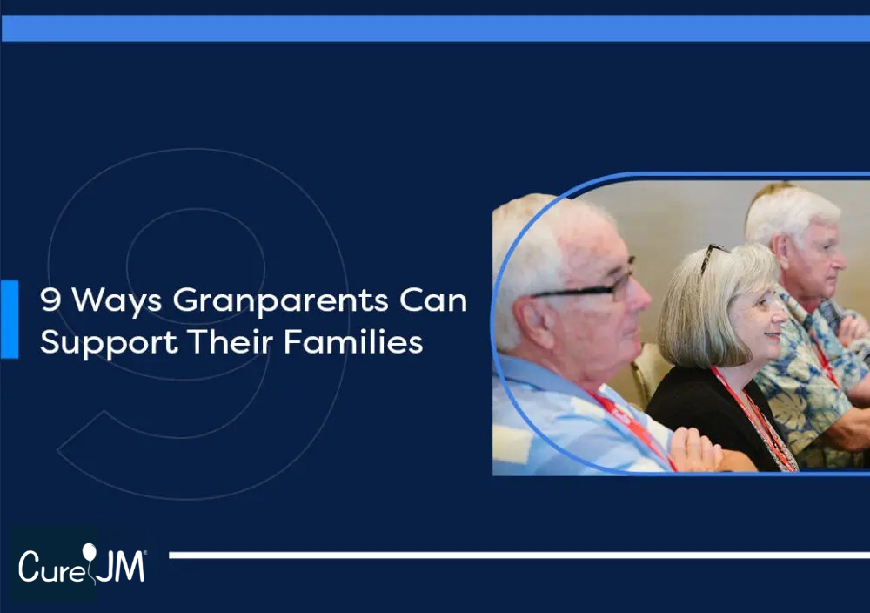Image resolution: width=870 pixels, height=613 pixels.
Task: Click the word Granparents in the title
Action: [280, 301]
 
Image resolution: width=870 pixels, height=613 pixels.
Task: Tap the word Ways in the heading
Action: [117, 301]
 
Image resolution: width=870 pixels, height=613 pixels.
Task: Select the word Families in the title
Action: [353, 341]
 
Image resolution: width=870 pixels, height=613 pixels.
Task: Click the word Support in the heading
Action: [110, 343]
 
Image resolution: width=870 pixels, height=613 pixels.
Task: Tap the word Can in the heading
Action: [433, 300]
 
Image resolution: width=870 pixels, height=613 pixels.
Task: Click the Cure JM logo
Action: [82, 565]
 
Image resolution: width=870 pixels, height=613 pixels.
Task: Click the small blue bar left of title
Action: [10, 320]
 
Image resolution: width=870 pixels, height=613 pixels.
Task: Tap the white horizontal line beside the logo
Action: [519, 556]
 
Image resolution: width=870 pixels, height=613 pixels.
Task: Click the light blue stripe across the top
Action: [435, 29]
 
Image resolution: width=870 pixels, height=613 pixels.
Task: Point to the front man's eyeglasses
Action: [588, 284]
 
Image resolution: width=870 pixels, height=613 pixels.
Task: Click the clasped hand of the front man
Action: [696, 450]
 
